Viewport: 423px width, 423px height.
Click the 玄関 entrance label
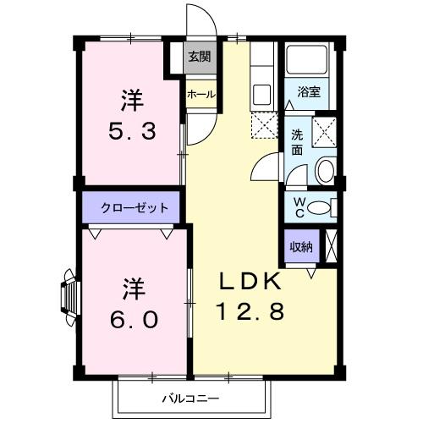[201, 57]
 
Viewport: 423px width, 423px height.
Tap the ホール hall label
[201, 94]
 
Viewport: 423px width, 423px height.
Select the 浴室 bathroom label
[308, 92]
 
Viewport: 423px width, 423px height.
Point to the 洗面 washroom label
[297, 141]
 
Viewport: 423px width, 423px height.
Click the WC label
[299, 205]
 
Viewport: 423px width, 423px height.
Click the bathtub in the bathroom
[308, 60]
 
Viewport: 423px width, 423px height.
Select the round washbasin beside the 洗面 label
[324, 172]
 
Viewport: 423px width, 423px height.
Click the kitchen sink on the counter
[261, 92]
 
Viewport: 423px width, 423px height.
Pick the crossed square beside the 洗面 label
[324, 132]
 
